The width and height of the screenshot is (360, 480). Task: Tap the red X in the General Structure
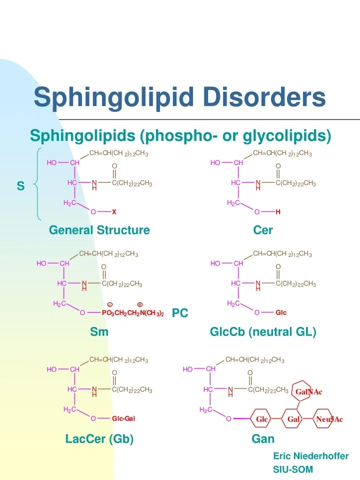114,212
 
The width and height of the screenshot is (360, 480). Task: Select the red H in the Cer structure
278,212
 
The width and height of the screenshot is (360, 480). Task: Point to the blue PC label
180,313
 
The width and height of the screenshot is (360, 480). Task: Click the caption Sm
99,331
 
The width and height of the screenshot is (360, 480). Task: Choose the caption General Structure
99,230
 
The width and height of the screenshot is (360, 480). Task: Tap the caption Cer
263,230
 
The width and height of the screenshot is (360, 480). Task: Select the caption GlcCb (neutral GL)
263,331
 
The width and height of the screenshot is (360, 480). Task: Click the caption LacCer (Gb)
99,439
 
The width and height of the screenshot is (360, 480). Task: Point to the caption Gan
263,439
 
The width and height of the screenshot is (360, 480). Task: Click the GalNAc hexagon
308,391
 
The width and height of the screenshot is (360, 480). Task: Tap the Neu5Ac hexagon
329,419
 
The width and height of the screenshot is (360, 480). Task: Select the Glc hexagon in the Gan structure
262,419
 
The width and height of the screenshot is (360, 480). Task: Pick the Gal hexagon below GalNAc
293,419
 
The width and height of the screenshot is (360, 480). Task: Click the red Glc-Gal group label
123,418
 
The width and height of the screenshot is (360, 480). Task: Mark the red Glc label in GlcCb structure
281,313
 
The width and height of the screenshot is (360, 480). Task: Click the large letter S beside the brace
20,186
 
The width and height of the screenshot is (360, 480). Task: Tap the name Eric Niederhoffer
310,456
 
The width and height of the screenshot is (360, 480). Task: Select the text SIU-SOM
293,469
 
